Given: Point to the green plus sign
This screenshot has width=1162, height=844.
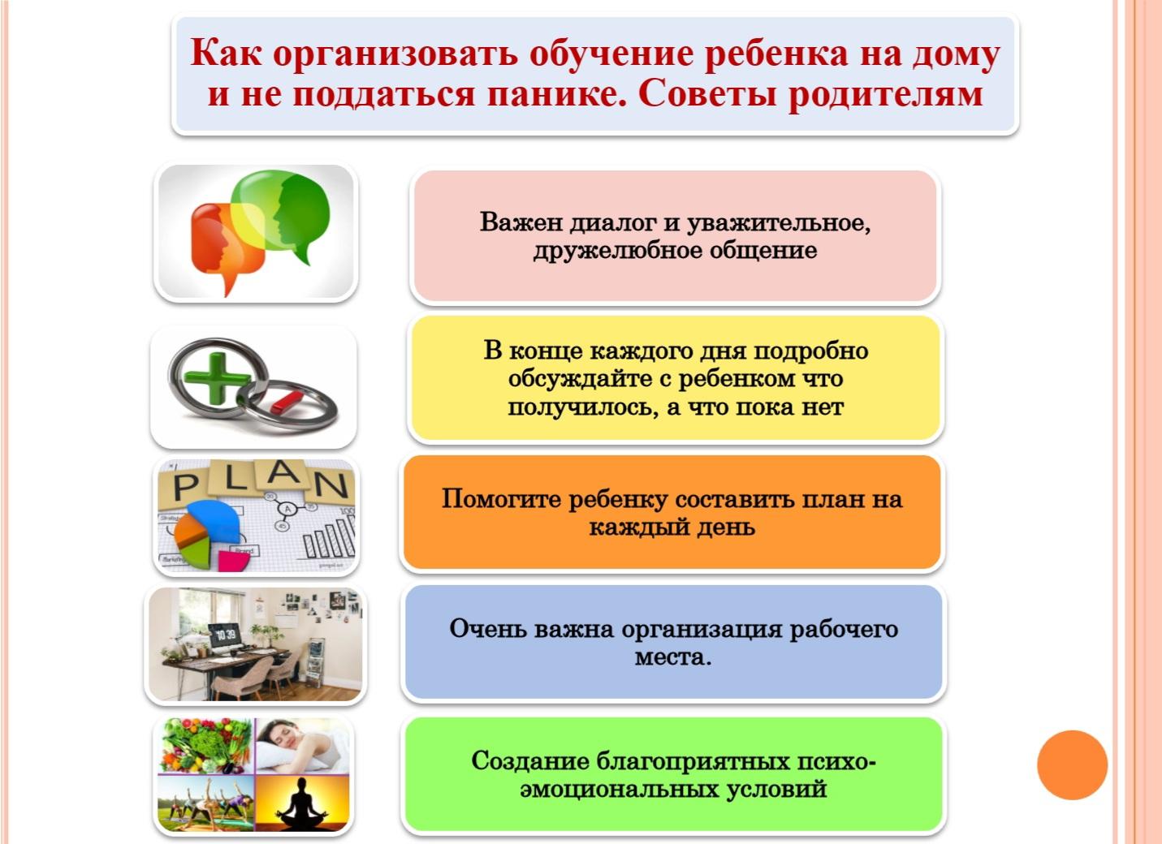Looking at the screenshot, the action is (217, 379).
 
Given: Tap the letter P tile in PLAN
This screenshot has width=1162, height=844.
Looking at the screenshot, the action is (184, 486).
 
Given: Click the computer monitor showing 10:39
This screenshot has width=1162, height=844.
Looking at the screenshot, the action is (225, 635).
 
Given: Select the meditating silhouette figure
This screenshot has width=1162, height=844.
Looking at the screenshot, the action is (302, 804).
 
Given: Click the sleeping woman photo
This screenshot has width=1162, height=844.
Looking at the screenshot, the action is (302, 746).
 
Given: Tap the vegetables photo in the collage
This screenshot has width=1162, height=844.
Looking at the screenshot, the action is (206, 746).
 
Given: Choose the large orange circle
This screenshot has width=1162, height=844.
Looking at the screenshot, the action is (1072, 764).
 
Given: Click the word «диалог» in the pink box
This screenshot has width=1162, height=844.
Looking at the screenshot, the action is (616, 223).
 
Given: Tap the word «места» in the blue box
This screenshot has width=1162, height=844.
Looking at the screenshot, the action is (673, 658).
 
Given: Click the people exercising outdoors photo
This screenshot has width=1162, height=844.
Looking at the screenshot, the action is (206, 803).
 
